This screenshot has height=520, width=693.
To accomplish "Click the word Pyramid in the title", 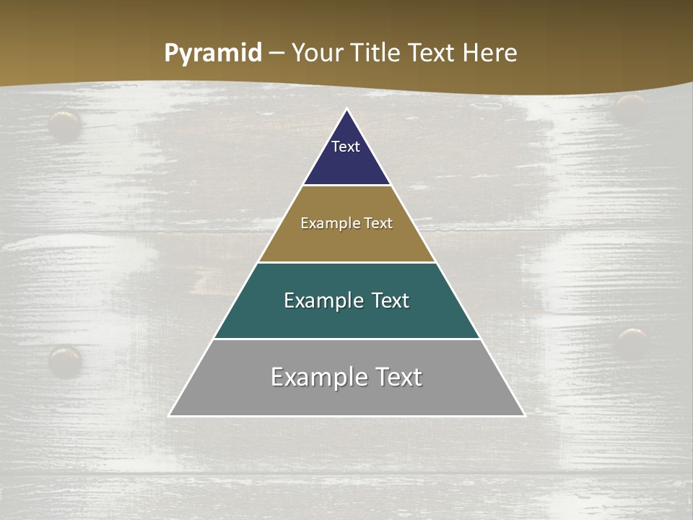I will (212, 53).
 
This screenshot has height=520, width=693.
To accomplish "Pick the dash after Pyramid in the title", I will (276, 53).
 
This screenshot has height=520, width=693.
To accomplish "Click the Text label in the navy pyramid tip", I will (346, 147).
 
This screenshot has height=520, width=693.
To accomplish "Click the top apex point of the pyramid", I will (347, 109).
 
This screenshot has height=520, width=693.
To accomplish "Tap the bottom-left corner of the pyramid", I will (169, 416).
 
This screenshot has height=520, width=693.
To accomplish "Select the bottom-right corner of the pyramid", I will (525, 416).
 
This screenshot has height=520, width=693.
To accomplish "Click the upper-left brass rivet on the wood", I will (64, 124).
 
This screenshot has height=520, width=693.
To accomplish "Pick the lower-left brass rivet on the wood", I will (64, 359).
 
